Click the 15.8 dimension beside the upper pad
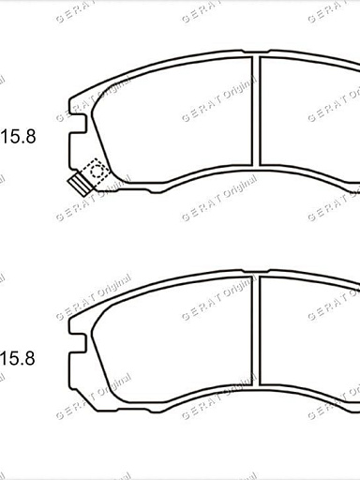19,136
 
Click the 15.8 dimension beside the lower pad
19,358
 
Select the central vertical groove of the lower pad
256,332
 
